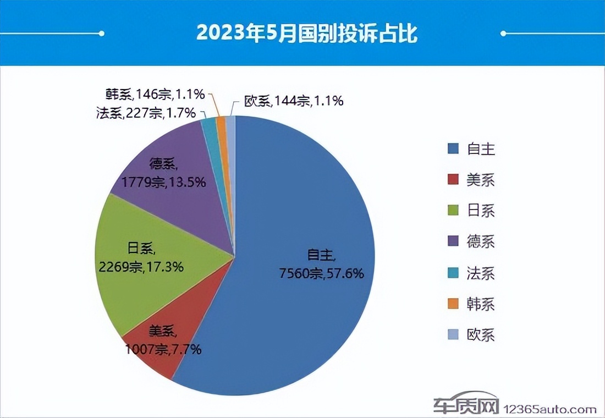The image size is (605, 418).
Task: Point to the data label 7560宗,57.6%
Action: click(322, 272)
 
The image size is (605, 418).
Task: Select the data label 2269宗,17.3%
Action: click(141, 267)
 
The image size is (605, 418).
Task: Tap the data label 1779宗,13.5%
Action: click(164, 182)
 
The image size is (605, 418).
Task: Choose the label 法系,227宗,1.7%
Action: click(145, 113)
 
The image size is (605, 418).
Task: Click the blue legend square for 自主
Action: click(453, 148)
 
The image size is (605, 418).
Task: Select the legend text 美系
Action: click(481, 180)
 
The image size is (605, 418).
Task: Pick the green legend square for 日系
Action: click(453, 211)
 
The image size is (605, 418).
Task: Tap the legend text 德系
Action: click(481, 241)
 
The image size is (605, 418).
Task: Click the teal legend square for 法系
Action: click(453, 273)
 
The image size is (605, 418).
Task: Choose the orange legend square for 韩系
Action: click(453, 304)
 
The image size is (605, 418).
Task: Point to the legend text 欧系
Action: click(481, 335)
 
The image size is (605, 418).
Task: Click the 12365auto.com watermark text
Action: click(550, 409)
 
